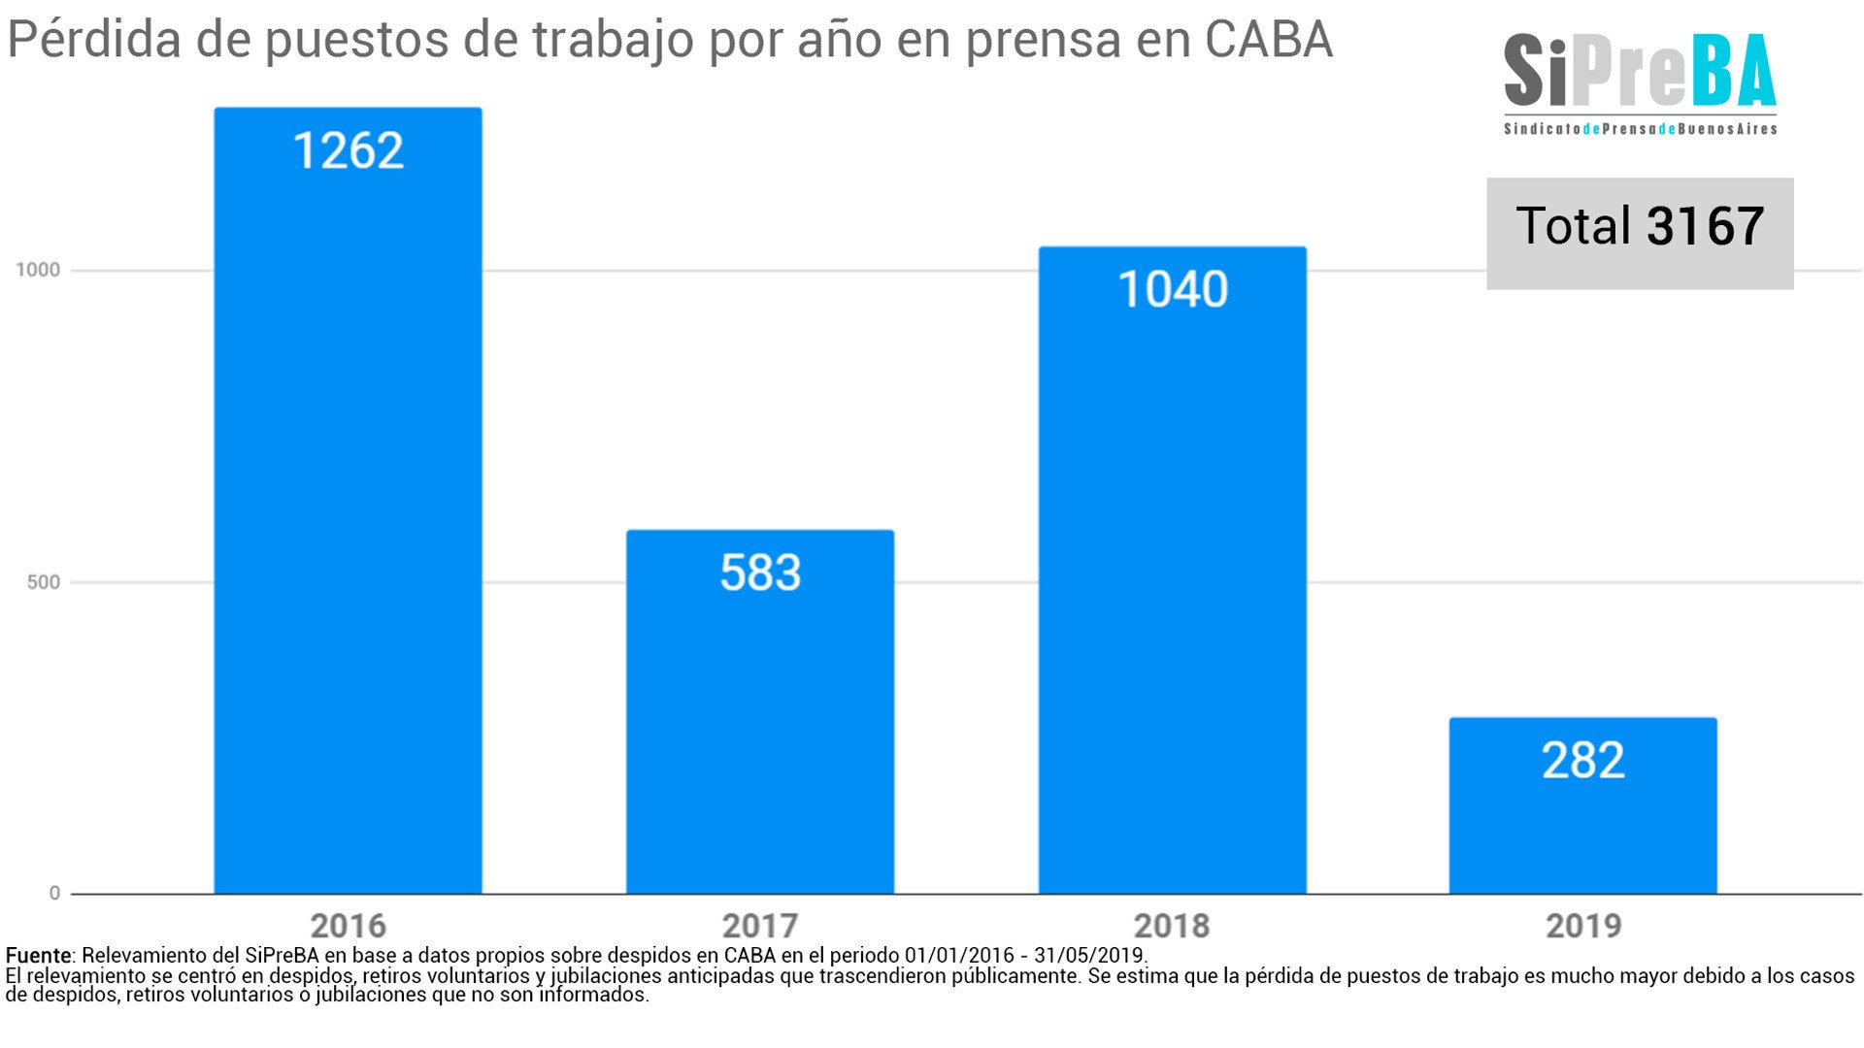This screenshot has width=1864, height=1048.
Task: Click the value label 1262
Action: (348, 151)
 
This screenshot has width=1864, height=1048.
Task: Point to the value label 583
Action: (759, 573)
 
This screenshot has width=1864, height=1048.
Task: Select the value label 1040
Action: (1172, 289)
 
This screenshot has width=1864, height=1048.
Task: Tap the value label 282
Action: (1582, 760)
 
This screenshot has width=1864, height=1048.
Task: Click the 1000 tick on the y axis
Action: (38, 270)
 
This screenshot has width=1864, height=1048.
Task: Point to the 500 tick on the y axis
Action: (43, 582)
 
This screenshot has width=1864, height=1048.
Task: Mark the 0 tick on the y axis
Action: (54, 893)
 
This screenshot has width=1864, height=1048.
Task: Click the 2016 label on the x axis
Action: (348, 926)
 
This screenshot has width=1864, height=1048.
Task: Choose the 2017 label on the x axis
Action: (759, 926)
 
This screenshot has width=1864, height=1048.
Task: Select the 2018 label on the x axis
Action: (1172, 926)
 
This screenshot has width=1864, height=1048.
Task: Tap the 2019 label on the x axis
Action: (1582, 926)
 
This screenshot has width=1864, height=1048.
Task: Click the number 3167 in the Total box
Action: (1705, 226)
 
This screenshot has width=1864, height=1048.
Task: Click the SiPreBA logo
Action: (1639, 82)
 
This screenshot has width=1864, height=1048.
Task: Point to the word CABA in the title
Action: (1268, 41)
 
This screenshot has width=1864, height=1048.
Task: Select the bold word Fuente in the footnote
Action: (38, 955)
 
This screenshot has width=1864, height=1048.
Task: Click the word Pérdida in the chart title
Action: (94, 41)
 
